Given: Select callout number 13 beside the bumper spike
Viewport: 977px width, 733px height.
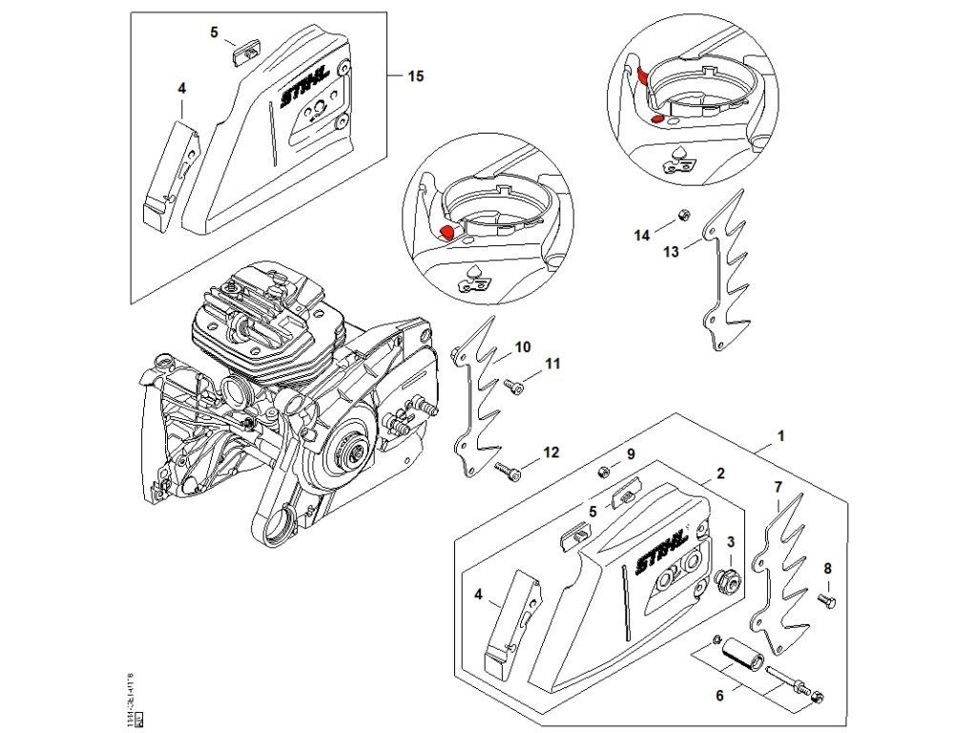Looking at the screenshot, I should coord(671,251).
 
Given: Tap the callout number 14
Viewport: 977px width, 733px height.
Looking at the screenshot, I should coord(642,234).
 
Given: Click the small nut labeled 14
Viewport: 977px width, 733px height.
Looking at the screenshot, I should coord(683,215).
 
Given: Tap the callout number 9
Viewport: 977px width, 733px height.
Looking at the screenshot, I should coord(630,452).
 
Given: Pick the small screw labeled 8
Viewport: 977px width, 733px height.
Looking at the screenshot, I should coord(826,599).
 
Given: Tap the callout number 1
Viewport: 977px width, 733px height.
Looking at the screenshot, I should coord(781,435).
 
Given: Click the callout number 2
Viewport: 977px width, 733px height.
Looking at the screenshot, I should coord(720,472).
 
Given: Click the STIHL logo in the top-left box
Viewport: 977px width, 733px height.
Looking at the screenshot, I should coord(304,85).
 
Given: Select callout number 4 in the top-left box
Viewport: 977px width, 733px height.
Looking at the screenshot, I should coord(181,88).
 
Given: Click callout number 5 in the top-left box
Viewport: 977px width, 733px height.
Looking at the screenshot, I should coord(215,31).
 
